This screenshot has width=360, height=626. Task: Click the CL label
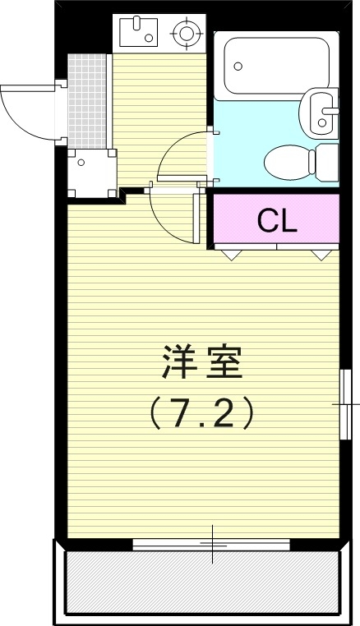tap(276, 219)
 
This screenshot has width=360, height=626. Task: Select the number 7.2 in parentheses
tap(202, 413)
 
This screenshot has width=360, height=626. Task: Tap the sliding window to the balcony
tap(211, 543)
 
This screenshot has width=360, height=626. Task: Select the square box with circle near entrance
tap(82, 163)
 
